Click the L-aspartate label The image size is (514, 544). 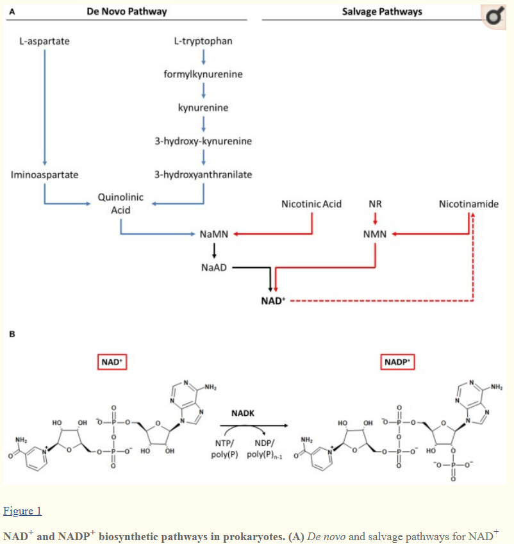pyautogui.click(x=44, y=41)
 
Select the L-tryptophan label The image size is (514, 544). pyautogui.click(x=203, y=41)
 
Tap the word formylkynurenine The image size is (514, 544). pyautogui.click(x=203, y=74)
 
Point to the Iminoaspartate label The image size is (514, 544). pyautogui.click(x=45, y=174)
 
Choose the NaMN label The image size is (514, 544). pyautogui.click(x=214, y=235)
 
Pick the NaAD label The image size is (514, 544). pyautogui.click(x=214, y=267)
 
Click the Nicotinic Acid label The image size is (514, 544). pyautogui.click(x=311, y=204)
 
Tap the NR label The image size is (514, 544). pyautogui.click(x=376, y=204)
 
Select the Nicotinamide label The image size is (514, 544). pyautogui.click(x=468, y=204)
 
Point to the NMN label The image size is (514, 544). pyautogui.click(x=375, y=235)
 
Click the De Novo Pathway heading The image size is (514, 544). pyautogui.click(x=127, y=12)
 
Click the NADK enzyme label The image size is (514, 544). pyautogui.click(x=244, y=413)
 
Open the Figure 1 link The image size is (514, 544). pyautogui.click(x=22, y=511)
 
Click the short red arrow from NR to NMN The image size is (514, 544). pyautogui.click(x=376, y=219)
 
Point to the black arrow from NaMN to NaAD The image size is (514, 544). pyautogui.click(x=214, y=251)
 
